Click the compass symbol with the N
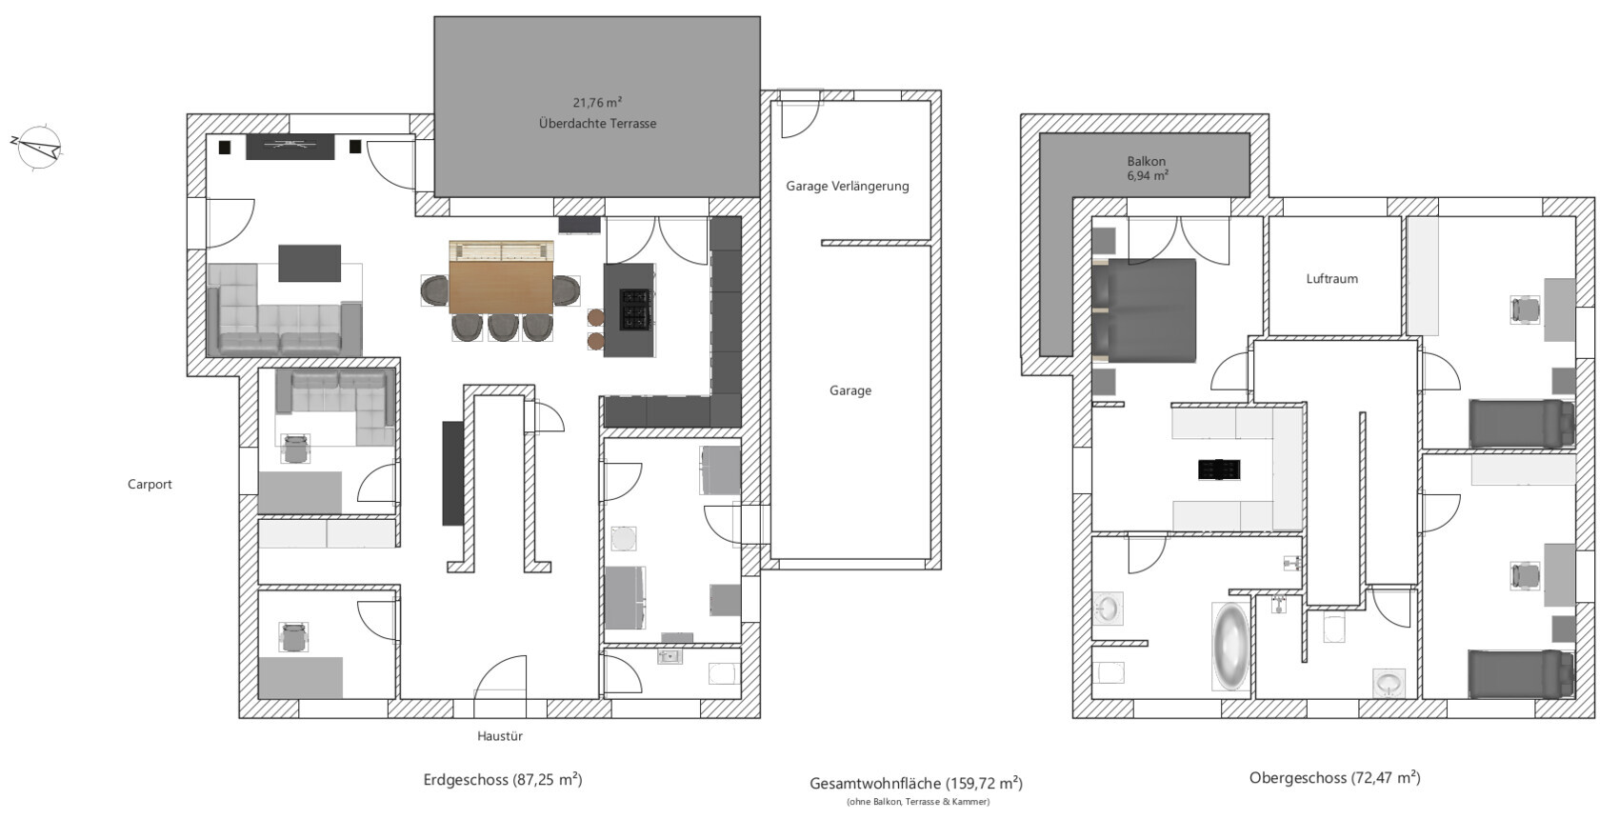tap(38, 148)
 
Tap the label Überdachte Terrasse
tap(597, 124)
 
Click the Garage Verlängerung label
tap(847, 187)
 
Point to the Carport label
tap(150, 485)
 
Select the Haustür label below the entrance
tap(499, 736)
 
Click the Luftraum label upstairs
tap(1331, 278)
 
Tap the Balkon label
tap(1147, 161)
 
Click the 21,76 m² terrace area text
tap(597, 103)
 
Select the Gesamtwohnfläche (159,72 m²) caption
tap(916, 783)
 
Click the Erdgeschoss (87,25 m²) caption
tap(502, 779)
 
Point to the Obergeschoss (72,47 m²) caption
tap(1334, 778)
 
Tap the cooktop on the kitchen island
tap(637, 309)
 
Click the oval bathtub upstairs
tap(1230, 646)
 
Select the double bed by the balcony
tap(1144, 310)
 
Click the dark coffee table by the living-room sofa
tap(310, 263)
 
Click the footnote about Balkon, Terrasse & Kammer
tap(918, 802)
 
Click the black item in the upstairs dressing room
tap(1219, 469)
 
